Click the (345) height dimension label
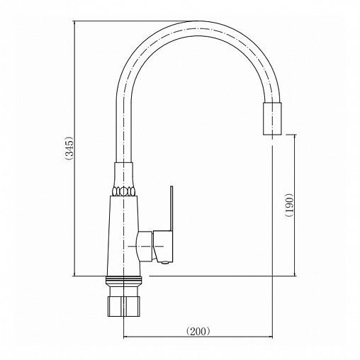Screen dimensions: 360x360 [x=70, y=149]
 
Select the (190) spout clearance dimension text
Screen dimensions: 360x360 [x=289, y=205]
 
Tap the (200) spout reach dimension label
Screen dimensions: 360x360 [x=198, y=332]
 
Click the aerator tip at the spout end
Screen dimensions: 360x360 [x=272, y=119]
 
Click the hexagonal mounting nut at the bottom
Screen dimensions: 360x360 [x=124, y=306]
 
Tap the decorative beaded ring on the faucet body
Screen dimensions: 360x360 [x=123, y=191]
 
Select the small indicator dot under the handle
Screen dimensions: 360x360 [x=165, y=261]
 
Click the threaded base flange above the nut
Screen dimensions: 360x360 [x=124, y=280]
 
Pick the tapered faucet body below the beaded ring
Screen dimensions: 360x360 [x=124, y=236]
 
